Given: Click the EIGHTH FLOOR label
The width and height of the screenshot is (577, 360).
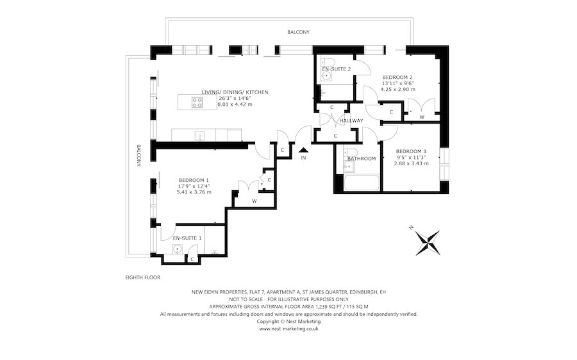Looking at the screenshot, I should [143, 277].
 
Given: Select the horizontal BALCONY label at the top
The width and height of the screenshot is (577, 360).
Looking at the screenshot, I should [297, 31].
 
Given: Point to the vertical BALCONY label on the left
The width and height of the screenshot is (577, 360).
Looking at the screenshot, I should [138, 155].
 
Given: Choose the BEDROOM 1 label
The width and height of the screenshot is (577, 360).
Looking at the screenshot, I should [194, 180].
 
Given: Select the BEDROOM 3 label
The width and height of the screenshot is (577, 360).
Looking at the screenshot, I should [410, 151].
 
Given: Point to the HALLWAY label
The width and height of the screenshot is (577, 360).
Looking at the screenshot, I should [351, 120].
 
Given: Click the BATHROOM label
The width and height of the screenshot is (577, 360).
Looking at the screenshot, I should [362, 158].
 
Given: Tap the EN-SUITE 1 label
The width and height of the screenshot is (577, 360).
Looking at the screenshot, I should [187, 238].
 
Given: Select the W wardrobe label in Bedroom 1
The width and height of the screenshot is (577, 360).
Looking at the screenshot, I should [254, 201].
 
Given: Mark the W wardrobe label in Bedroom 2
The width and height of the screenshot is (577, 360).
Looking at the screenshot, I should [421, 117].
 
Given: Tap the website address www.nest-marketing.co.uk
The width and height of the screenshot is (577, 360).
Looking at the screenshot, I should [288, 329].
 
